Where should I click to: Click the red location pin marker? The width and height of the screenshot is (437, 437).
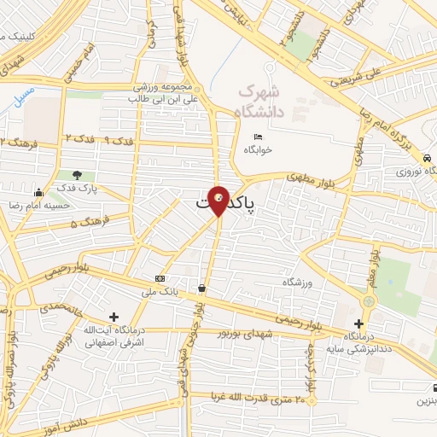coord(219,200)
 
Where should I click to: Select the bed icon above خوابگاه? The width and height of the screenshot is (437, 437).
coord(259,137)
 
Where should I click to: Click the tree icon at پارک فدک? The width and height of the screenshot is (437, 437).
coord(77,174)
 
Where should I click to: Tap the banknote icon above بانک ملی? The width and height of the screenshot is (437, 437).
coord(160,279)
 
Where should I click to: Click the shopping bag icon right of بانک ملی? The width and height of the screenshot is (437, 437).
coord(201,288)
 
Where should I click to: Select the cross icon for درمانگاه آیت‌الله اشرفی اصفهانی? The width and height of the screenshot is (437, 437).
coord(114,317)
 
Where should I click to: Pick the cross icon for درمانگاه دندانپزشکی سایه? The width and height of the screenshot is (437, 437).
coord(358,324)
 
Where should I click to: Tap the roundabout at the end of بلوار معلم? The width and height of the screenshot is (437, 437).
coord(369,300)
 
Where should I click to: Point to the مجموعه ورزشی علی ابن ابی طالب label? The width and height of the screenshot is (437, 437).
coord(165,93)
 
